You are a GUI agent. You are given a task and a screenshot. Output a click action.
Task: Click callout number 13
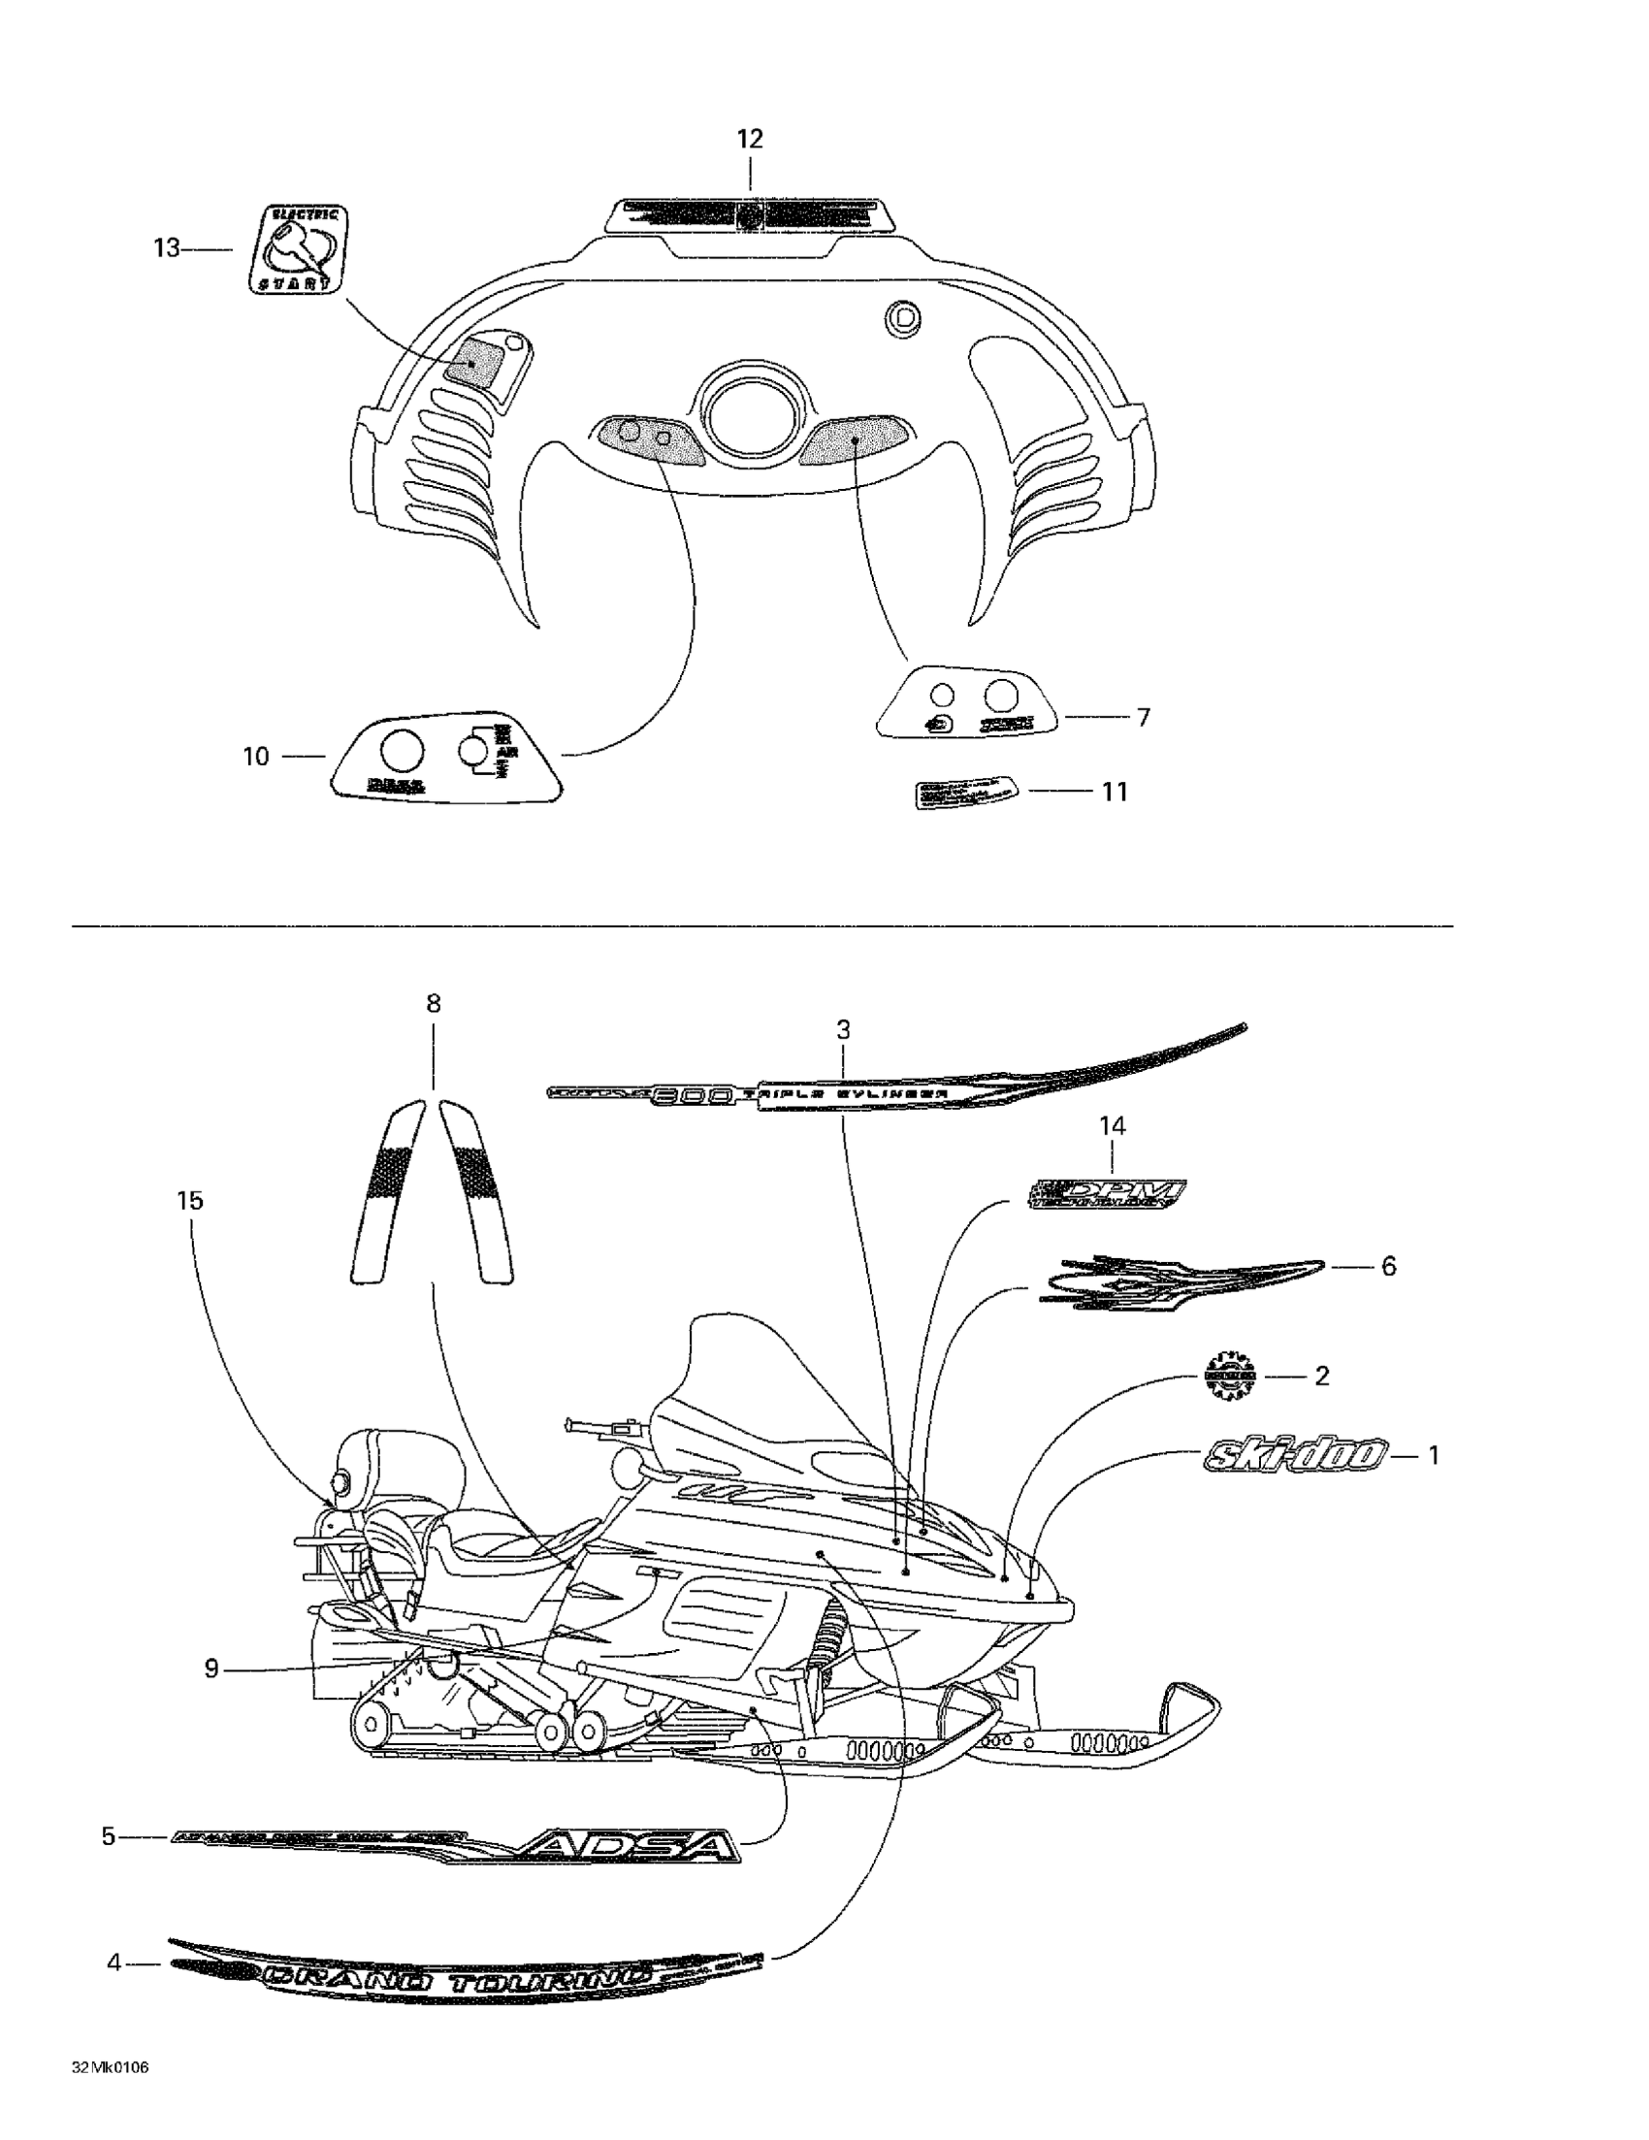click(x=167, y=249)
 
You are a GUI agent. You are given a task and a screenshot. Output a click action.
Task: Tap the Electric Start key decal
click(x=295, y=249)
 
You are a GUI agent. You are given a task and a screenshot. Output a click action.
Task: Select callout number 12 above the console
click(x=750, y=139)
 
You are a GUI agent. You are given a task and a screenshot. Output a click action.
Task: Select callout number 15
click(x=190, y=1200)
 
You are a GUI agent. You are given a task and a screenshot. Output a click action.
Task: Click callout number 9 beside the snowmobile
click(x=211, y=1668)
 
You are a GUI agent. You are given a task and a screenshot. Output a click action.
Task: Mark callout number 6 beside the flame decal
click(x=1388, y=1266)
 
